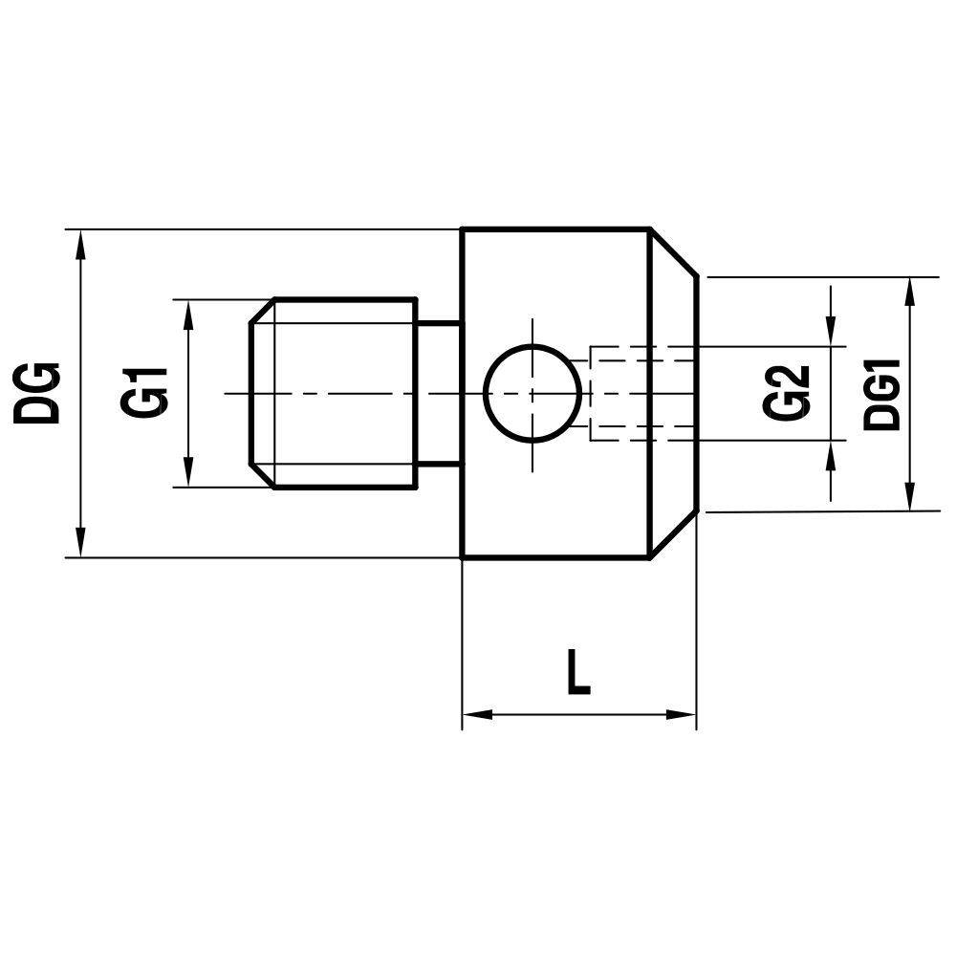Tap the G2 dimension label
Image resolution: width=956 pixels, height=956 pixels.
tap(788, 392)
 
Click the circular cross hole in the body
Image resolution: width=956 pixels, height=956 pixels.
tap(532, 393)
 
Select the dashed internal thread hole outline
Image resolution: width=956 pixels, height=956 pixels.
tap(641, 393)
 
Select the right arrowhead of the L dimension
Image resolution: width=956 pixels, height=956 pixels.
tap(682, 714)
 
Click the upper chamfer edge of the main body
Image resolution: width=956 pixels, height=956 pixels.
tap(673, 253)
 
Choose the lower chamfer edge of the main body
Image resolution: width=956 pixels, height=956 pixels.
tap(673, 534)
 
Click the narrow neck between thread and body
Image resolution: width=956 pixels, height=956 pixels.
tap(439, 393)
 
